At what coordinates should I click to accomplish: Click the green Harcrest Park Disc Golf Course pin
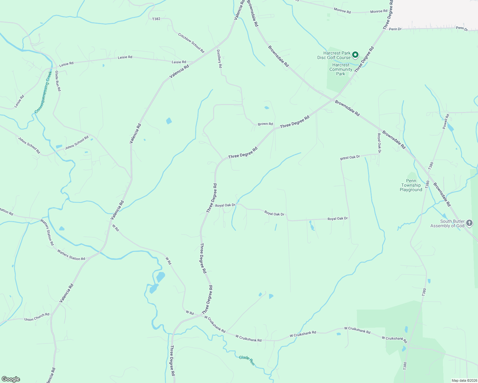(355, 55)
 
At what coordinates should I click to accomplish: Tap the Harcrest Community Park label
(341, 69)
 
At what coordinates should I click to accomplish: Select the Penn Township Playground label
(411, 185)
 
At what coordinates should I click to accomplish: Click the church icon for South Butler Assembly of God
(469, 223)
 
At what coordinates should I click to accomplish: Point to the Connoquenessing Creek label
(43, 92)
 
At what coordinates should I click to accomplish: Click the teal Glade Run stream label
(246, 360)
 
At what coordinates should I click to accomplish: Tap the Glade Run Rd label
(58, 81)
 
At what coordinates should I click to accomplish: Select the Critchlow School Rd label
(191, 43)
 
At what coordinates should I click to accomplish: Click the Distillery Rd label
(219, 59)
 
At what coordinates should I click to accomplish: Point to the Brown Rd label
(265, 124)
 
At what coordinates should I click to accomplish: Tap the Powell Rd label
(446, 121)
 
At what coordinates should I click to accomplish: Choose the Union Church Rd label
(37, 317)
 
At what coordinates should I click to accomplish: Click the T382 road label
(156, 19)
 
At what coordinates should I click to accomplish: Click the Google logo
(11, 379)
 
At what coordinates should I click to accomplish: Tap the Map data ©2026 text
(464, 380)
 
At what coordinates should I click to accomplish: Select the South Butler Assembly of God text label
(447, 223)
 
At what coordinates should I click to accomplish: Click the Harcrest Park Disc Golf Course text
(334, 55)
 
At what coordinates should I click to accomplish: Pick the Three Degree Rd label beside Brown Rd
(295, 122)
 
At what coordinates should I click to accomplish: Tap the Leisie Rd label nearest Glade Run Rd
(66, 64)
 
